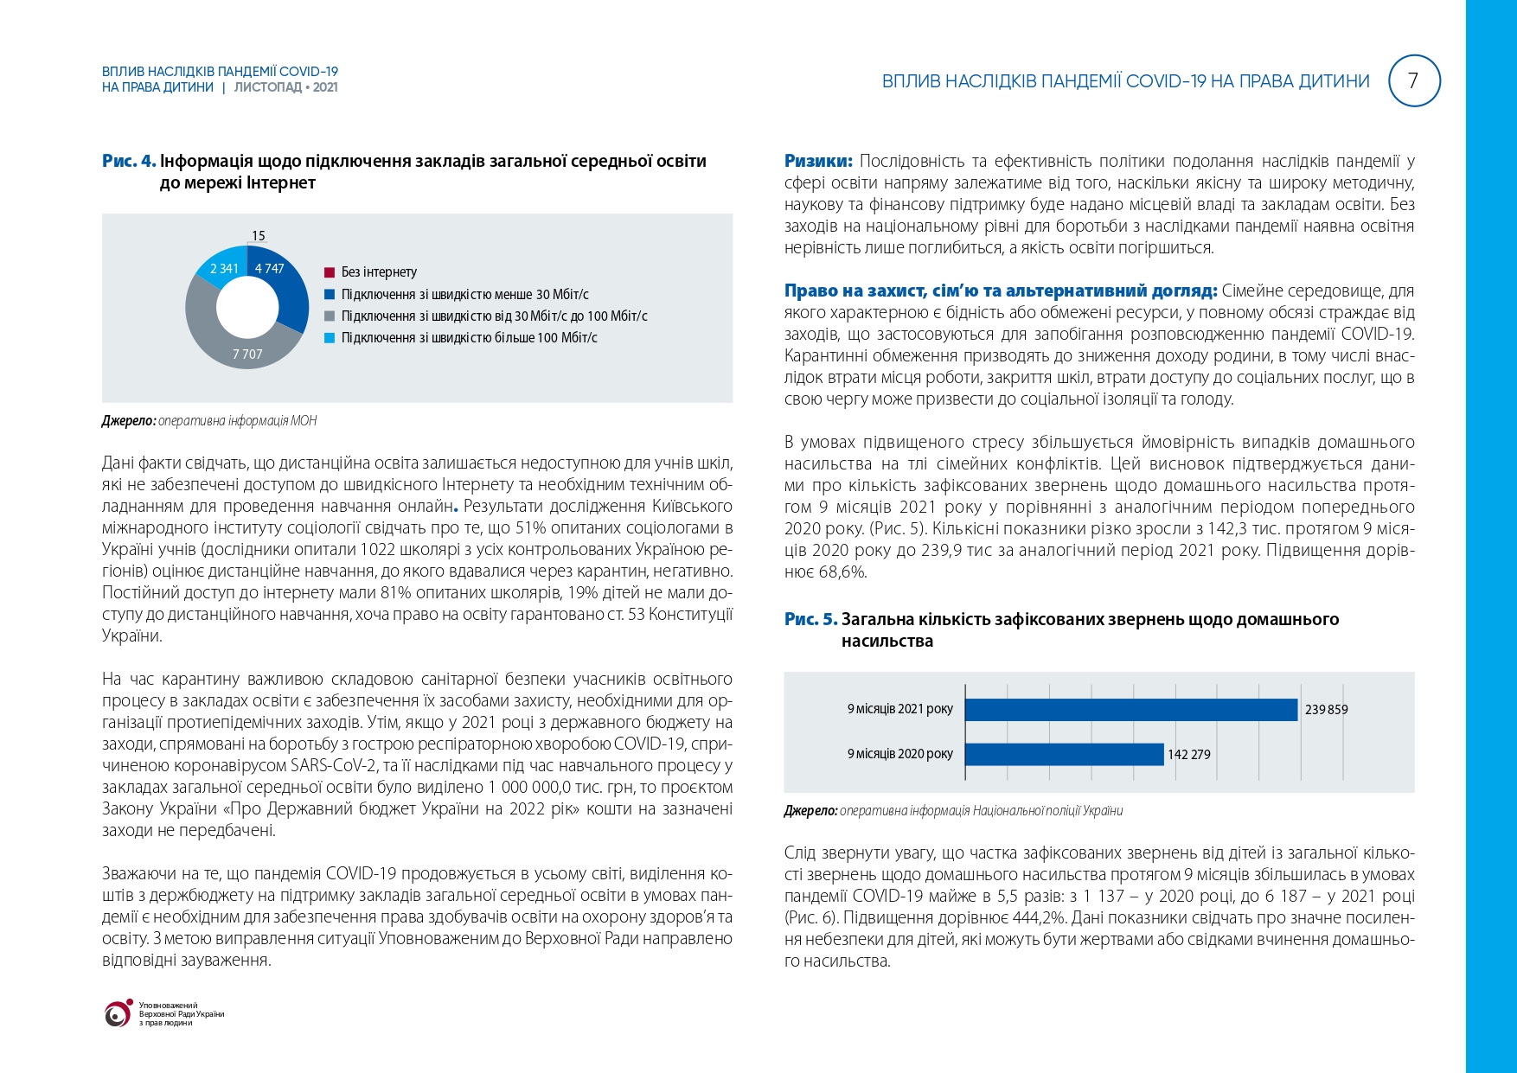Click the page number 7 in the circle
(1413, 81)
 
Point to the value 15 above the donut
(258, 236)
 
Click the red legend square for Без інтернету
(330, 272)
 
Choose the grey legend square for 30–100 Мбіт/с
(330, 316)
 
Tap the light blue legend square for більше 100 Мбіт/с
(330, 338)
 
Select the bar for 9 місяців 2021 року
(1131, 710)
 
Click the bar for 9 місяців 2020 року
(1064, 754)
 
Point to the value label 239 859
(1326, 710)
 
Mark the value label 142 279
(1189, 755)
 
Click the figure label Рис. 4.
(129, 161)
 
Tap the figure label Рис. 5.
(810, 619)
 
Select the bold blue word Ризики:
(818, 161)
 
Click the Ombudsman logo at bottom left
(118, 1013)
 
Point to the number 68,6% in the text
(843, 572)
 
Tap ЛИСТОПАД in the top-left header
(268, 87)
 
